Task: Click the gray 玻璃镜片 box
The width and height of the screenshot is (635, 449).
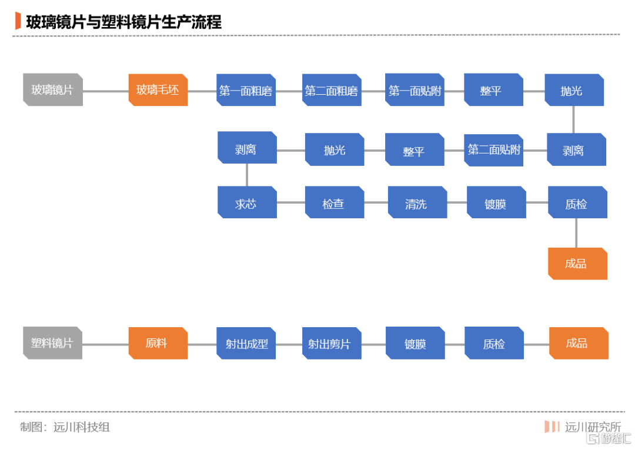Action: point(53,89)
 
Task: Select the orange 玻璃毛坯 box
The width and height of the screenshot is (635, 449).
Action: point(158,89)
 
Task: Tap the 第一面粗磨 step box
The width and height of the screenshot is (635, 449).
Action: point(246,90)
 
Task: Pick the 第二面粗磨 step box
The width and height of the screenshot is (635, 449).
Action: point(332,90)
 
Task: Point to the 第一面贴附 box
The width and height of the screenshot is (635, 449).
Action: point(415,90)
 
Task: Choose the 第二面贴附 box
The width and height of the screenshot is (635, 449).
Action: point(494,150)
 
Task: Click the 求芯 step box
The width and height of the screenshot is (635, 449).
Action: point(247,202)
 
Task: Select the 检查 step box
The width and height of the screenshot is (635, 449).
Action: point(335,202)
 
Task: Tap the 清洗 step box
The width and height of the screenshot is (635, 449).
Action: point(417,202)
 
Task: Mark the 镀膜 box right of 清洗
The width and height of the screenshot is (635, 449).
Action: point(496,202)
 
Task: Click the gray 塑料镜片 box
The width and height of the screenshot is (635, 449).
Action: point(53,343)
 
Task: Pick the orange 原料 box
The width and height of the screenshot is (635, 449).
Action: point(158,343)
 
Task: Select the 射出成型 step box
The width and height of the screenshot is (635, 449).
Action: point(246,343)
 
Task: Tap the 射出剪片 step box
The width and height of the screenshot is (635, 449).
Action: point(332,343)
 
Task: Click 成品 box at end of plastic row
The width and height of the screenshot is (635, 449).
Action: point(579,343)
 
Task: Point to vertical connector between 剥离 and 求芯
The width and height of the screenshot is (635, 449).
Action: point(246,175)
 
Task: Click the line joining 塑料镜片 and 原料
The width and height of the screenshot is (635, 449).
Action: point(105,344)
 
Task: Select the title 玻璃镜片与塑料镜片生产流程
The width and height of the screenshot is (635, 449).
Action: point(124,22)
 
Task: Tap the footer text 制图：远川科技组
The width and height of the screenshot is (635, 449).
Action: point(65,427)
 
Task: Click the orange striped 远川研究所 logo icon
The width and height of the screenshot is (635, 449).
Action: point(552,427)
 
